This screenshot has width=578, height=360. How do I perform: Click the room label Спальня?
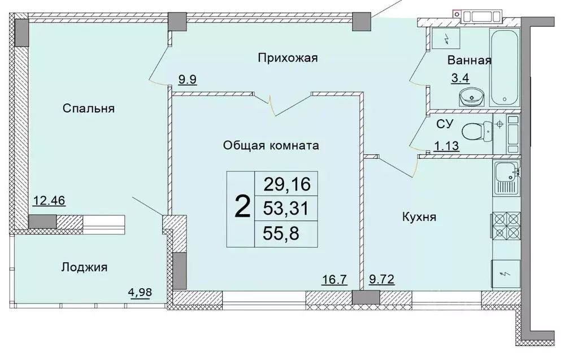coord(89,109)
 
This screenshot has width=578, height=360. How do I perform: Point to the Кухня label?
coord(419,217)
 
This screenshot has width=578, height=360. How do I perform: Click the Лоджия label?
coord(84,267)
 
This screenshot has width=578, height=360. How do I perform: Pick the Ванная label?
coord(469,60)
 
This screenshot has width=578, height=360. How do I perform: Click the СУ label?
coord(443,124)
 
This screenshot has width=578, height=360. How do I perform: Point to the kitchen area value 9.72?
coord(382,279)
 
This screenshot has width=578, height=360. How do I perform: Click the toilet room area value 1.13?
coord(445,147)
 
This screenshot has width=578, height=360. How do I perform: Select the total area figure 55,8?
coord(287,233)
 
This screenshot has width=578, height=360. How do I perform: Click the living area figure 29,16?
coord(287,184)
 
